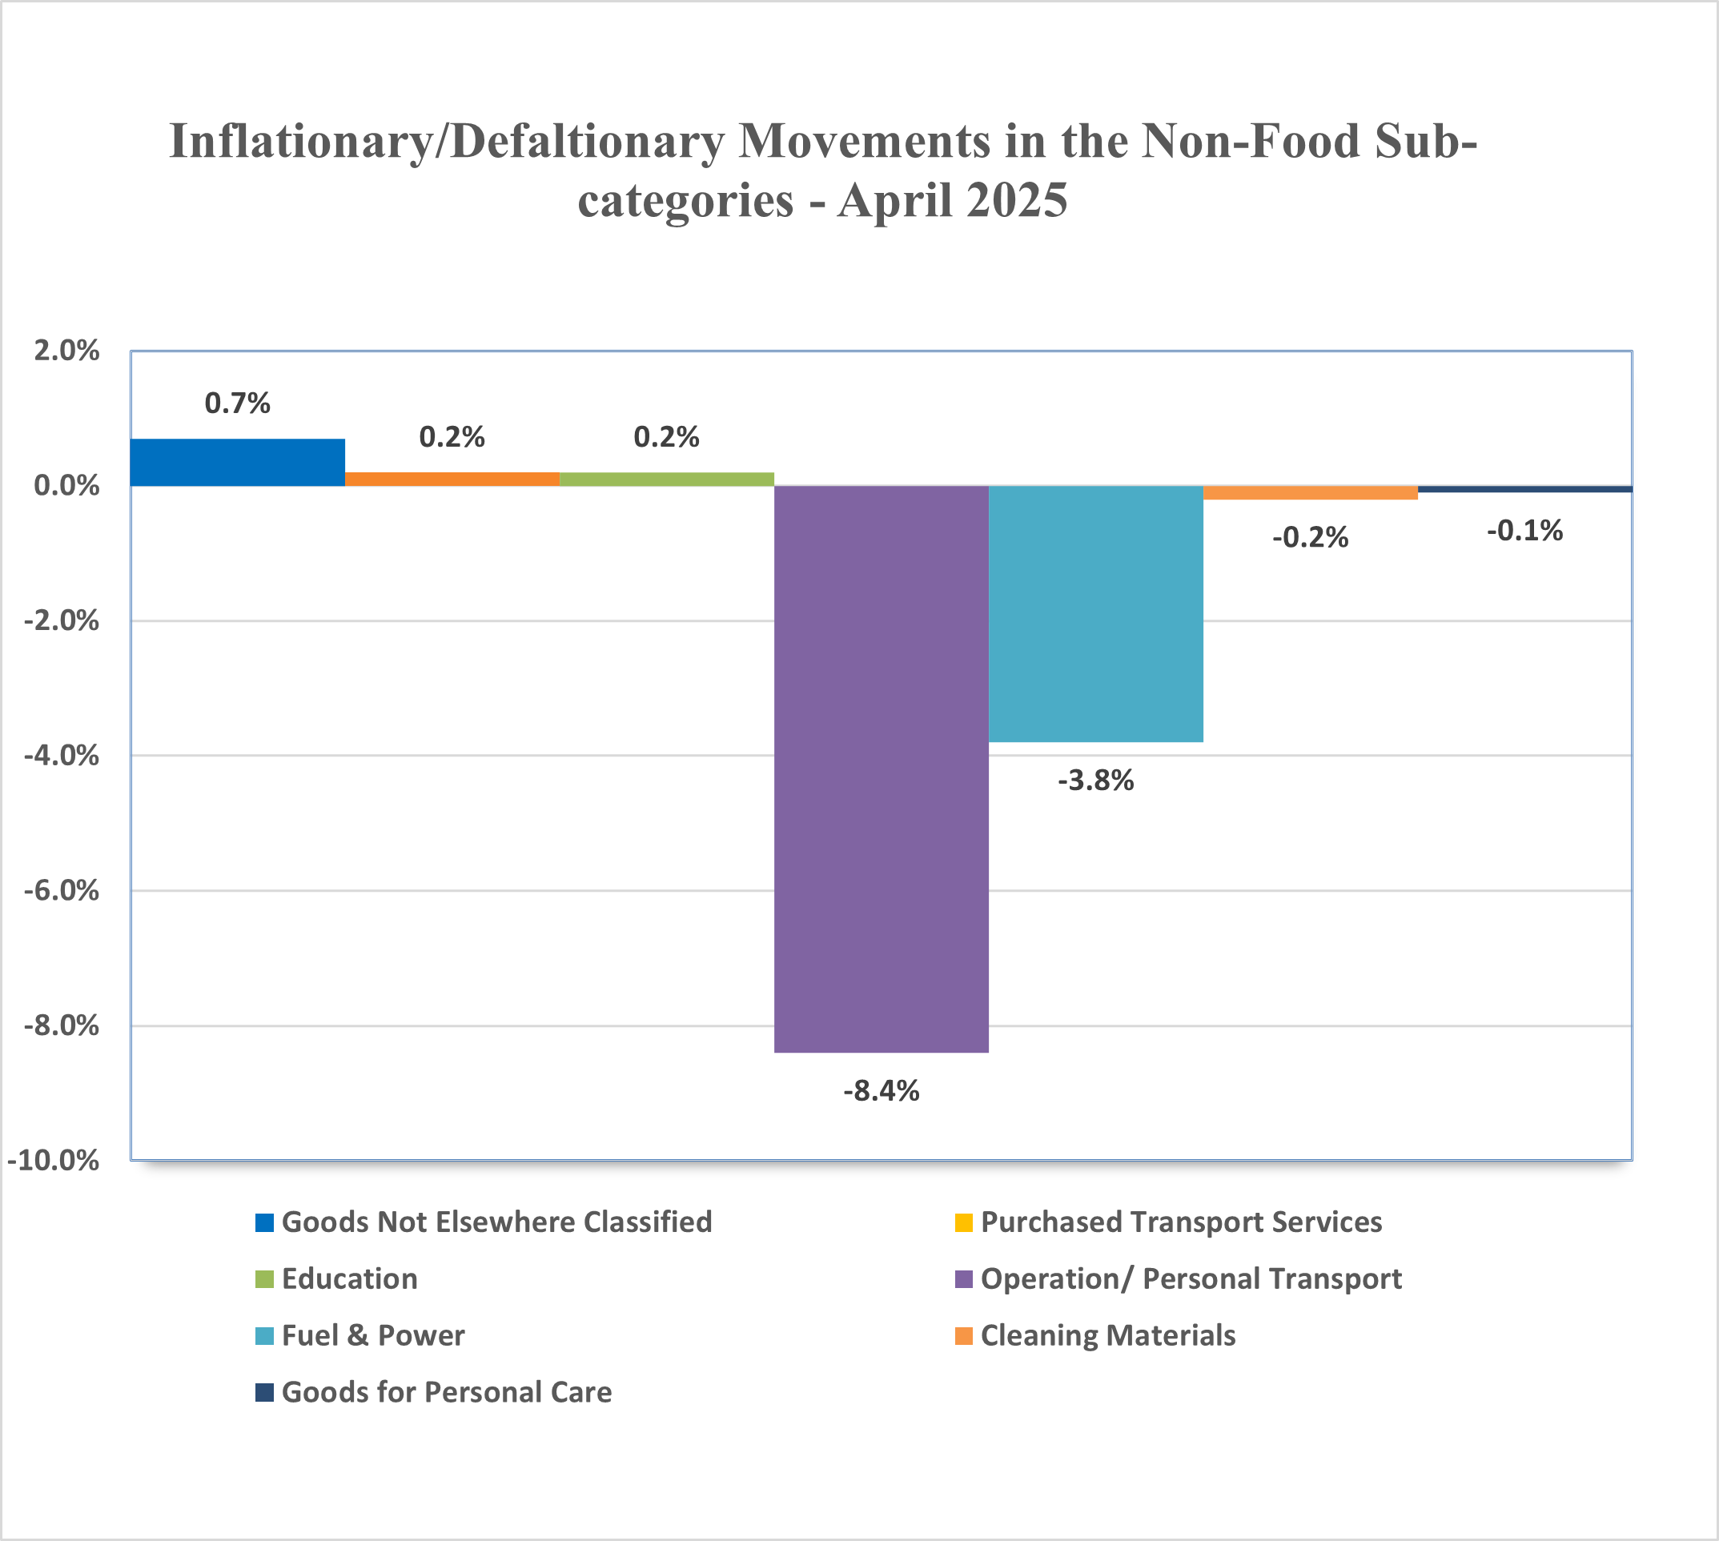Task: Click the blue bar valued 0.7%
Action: coord(238,463)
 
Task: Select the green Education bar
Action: coord(667,480)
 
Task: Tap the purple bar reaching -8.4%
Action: coord(882,768)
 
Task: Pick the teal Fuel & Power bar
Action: coord(1096,614)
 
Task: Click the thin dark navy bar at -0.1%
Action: coord(1525,489)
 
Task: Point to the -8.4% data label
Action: coord(882,1091)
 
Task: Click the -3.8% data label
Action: coord(1096,781)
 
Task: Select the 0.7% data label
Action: coord(238,403)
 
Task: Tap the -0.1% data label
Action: coord(1525,531)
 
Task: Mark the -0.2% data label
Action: coord(1311,538)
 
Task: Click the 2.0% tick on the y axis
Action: coord(66,351)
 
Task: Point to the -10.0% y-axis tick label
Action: coord(54,1160)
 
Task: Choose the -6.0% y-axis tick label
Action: coord(61,891)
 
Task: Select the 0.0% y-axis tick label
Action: coord(66,486)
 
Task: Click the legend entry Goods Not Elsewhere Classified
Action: coord(484,1222)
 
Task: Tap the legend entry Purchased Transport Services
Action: coord(1169,1222)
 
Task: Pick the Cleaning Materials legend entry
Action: coord(1095,1336)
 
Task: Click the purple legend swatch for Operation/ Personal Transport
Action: coord(964,1279)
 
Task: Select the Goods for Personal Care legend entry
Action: coord(434,1393)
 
